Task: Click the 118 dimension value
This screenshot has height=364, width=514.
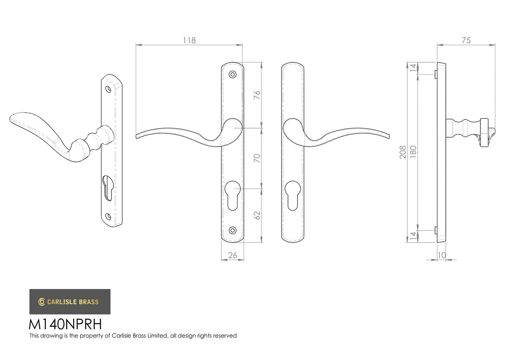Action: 189,40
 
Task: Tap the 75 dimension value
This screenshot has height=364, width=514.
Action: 466,40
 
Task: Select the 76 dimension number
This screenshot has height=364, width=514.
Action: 257,95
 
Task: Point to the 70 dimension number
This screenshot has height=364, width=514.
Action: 257,158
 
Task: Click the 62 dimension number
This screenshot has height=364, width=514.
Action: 257,215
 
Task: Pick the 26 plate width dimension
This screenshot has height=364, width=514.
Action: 232,255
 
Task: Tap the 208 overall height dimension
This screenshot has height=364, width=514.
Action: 403,152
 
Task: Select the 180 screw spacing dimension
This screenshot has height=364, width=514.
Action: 413,152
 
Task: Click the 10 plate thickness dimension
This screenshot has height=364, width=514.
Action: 442,255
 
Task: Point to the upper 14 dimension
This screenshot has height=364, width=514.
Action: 413,67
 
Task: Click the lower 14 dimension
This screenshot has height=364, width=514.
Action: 413,236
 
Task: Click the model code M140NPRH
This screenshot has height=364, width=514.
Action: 65,324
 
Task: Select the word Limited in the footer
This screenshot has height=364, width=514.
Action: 157,336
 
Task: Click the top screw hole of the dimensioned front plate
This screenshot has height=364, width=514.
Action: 233,74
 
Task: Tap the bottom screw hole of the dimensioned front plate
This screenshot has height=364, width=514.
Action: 233,230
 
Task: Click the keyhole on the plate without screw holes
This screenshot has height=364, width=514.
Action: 293,195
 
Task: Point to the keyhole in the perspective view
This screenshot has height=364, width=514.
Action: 107,188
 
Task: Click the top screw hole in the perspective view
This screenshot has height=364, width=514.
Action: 108,89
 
